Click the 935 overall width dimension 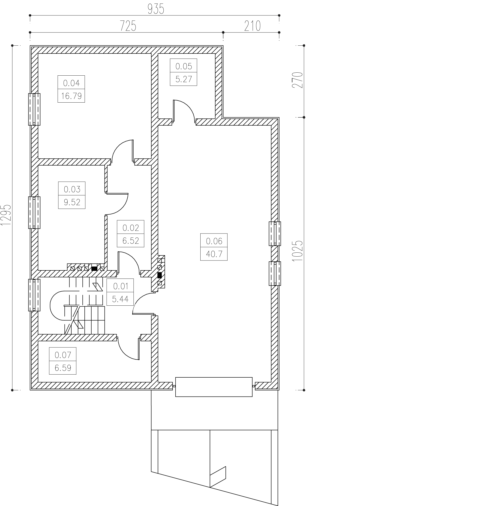click(156, 9)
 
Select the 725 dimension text click(128, 26)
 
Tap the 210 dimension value click(252, 26)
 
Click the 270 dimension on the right click(298, 80)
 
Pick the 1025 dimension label click(298, 251)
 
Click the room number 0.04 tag click(71, 83)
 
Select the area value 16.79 click(71, 96)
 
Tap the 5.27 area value click(183, 79)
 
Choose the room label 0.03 click(72, 189)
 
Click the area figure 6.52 click(130, 240)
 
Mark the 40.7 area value click(214, 254)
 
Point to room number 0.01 click(120, 286)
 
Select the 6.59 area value click(63, 368)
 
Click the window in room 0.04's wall click(34, 109)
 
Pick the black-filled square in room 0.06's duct click(160, 275)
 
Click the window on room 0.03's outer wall click(34, 213)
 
